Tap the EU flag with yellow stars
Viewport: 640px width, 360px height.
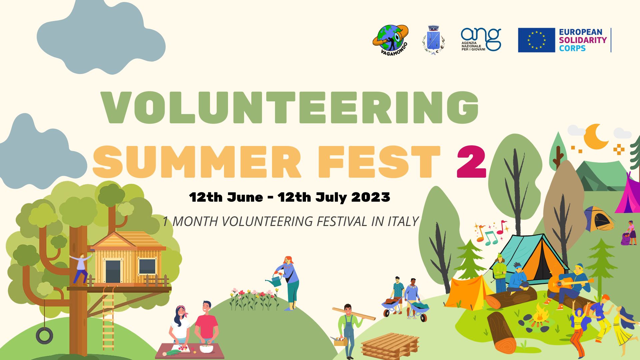(x=536, y=40)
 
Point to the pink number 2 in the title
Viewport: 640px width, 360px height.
(x=471, y=162)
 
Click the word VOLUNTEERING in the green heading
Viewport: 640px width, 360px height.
(x=290, y=107)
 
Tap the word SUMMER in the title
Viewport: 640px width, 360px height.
(x=197, y=162)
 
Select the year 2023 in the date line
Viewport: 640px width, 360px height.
(x=371, y=197)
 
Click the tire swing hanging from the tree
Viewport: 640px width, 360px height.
(x=44, y=335)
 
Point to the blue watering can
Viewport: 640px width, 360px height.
(x=275, y=280)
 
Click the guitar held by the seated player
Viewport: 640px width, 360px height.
(x=567, y=283)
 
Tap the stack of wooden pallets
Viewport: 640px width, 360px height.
(x=390, y=346)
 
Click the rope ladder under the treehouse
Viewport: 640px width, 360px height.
(x=108, y=318)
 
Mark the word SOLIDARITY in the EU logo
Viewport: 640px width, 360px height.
(x=583, y=40)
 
